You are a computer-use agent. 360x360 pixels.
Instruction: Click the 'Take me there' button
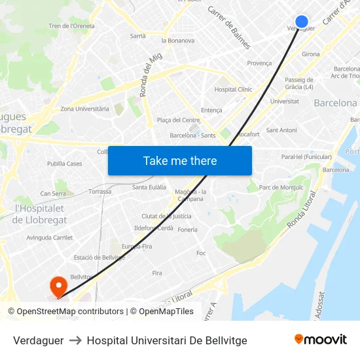click(180, 160)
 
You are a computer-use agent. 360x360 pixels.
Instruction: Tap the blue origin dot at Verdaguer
click(302, 22)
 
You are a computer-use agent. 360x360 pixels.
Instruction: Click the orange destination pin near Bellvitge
click(58, 286)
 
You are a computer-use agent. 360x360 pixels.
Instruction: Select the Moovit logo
click(320, 340)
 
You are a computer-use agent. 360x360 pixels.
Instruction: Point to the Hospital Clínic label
click(233, 90)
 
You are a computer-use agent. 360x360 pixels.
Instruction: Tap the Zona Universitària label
click(84, 109)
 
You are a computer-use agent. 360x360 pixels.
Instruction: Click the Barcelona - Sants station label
click(192, 135)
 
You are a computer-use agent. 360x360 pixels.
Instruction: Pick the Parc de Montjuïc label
click(281, 188)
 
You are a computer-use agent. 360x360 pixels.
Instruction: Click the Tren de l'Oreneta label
click(71, 26)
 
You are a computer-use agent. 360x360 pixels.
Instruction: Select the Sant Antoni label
click(281, 130)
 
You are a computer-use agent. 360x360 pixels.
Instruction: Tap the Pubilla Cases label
click(64, 164)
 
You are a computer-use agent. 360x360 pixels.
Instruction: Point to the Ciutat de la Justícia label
click(166, 216)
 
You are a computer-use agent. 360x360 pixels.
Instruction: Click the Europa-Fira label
click(136, 246)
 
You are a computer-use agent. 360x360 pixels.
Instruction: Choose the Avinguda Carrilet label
click(49, 238)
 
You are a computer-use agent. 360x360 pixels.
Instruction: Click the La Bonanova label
click(176, 41)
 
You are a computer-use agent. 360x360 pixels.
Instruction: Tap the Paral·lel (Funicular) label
click(306, 157)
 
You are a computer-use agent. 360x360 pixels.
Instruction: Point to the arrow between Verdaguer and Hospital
click(75, 340)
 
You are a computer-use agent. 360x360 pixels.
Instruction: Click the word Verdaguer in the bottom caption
click(38, 340)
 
